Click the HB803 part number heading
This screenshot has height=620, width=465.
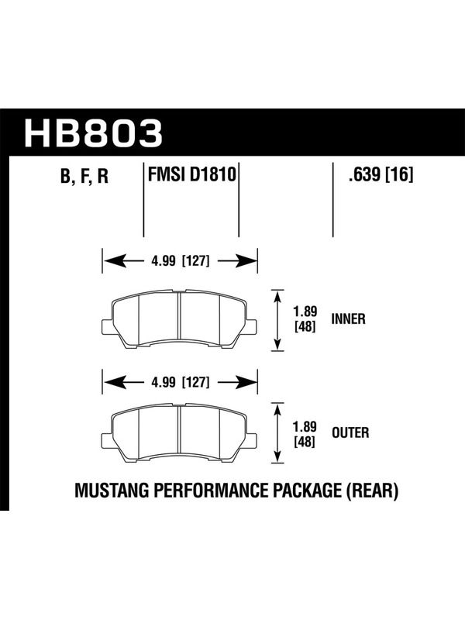point(94,133)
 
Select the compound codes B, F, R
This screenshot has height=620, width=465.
point(84,177)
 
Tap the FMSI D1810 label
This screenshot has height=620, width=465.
point(191,174)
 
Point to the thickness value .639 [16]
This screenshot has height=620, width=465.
point(381,174)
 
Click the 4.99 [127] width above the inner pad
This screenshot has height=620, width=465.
point(181,261)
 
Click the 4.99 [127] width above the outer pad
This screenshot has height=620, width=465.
point(181,382)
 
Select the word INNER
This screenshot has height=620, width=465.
point(348,319)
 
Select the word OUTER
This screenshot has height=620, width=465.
point(350,432)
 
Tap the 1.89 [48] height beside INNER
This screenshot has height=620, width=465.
point(305,319)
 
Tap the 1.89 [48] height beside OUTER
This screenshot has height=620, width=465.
point(305,434)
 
